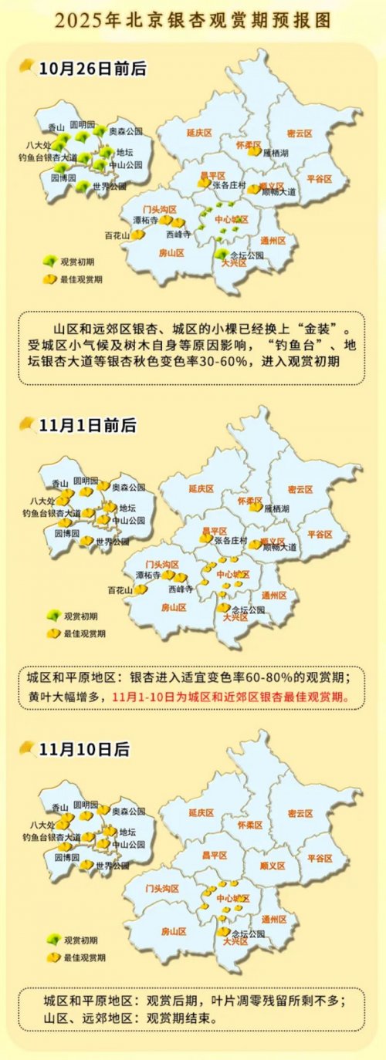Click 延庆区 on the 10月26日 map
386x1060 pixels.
(x=199, y=133)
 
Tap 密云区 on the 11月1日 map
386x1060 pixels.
(x=299, y=489)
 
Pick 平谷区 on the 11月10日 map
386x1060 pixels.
(x=320, y=857)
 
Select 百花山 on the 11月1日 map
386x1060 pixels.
(x=120, y=590)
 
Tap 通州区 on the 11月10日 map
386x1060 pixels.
(x=274, y=919)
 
